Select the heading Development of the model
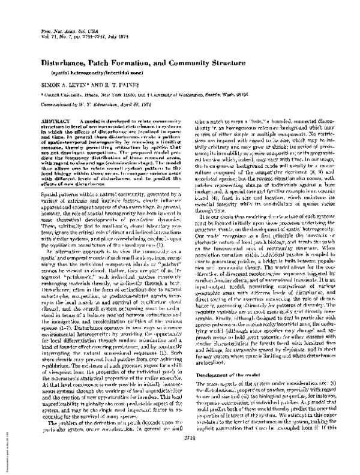(220, 390)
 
